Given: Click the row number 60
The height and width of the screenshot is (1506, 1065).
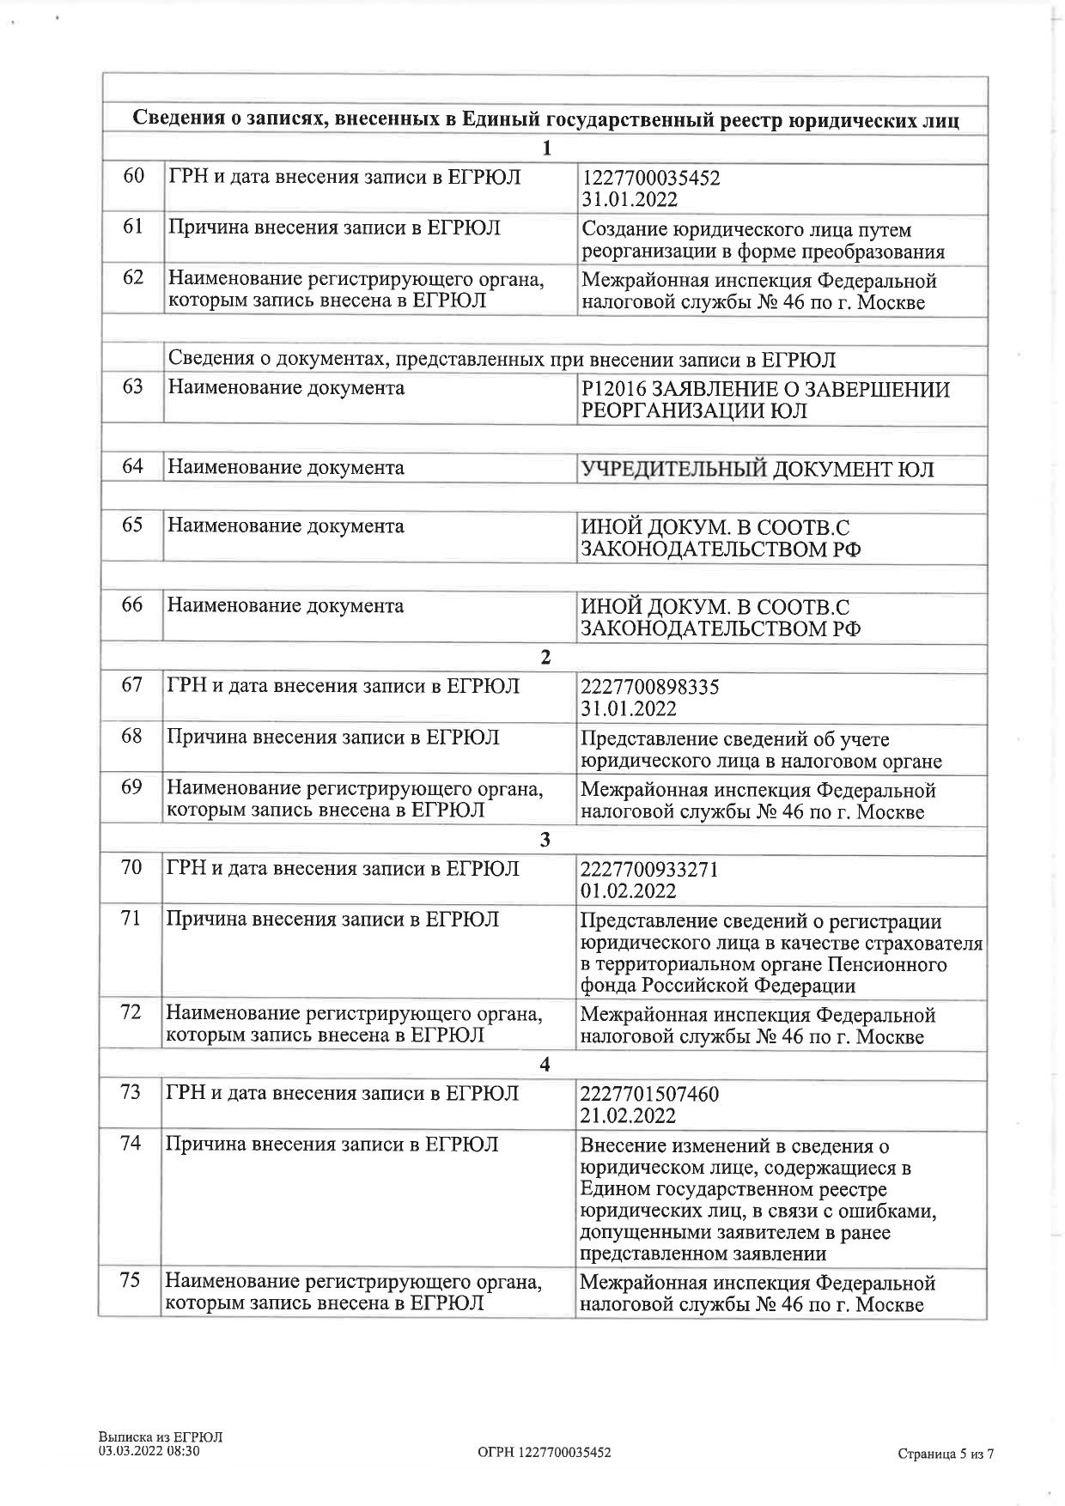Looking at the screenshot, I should pyautogui.click(x=133, y=177).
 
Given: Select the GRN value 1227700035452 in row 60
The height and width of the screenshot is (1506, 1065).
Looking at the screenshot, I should pyautogui.click(x=651, y=179).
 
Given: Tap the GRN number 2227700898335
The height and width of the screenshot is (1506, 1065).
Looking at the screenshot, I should pyautogui.click(x=650, y=688).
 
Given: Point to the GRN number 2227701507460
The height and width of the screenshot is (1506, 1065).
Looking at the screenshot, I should pyautogui.click(x=650, y=1095).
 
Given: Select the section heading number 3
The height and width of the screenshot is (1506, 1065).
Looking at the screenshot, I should pyautogui.click(x=545, y=840).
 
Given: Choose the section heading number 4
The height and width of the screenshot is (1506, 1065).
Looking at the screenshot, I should pyautogui.click(x=545, y=1065).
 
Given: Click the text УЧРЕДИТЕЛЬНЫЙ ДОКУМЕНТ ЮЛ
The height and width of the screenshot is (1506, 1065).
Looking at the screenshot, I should pyautogui.click(x=758, y=470).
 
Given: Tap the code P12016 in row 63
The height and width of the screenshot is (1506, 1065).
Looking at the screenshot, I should pyautogui.click(x=609, y=390).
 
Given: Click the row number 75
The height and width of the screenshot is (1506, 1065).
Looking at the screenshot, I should pyautogui.click(x=131, y=1280).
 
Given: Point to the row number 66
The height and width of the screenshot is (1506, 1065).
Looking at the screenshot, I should pyautogui.click(x=132, y=604).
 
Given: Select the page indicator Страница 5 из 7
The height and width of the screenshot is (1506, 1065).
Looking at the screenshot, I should pyautogui.click(x=946, y=1454).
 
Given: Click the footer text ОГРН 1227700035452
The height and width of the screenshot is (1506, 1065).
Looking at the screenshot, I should pyautogui.click(x=545, y=1452).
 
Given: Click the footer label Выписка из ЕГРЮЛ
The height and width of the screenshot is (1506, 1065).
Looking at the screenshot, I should pyautogui.click(x=161, y=1436).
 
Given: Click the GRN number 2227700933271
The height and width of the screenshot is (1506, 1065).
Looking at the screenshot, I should pyautogui.click(x=649, y=870).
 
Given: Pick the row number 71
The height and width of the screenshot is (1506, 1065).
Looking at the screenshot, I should pyautogui.click(x=131, y=919).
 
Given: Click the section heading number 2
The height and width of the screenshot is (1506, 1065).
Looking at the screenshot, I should pyautogui.click(x=545, y=658).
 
